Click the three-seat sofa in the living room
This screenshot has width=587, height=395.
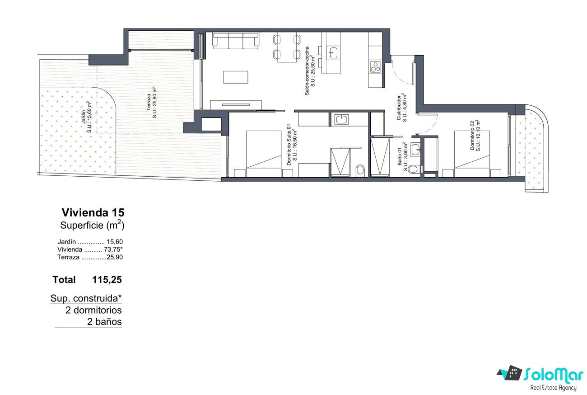(236, 41)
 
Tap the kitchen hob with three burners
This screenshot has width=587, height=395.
(375, 66)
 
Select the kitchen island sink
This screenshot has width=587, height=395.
(333, 53)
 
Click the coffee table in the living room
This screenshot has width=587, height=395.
(236, 77)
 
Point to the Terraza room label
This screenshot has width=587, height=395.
(152, 102)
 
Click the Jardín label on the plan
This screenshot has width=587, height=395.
(86, 117)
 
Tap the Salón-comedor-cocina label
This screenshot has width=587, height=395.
(310, 71)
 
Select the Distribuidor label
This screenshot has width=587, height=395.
(401, 108)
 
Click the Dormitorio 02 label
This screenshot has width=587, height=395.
(475, 135)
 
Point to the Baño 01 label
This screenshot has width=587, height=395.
(402, 156)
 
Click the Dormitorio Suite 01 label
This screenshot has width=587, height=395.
(292, 145)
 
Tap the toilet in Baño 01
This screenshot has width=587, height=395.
(413, 169)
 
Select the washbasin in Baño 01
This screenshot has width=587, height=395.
(415, 150)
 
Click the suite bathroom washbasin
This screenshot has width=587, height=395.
(341, 119)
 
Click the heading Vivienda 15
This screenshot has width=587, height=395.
(93, 212)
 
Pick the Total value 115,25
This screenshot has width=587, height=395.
(107, 280)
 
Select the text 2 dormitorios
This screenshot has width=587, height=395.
(93, 310)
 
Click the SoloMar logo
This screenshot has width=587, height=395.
(541, 377)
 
